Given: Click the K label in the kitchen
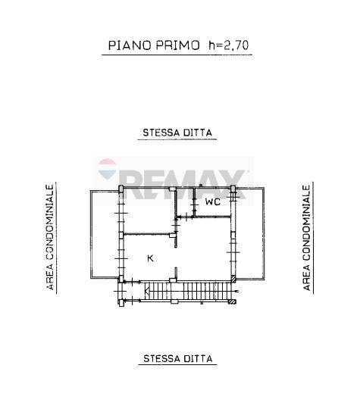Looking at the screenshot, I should coord(150,259).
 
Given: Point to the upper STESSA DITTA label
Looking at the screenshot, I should coord(177,133).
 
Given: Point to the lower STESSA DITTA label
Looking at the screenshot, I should coord(177,358).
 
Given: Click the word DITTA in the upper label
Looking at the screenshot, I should coord(199,133).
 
